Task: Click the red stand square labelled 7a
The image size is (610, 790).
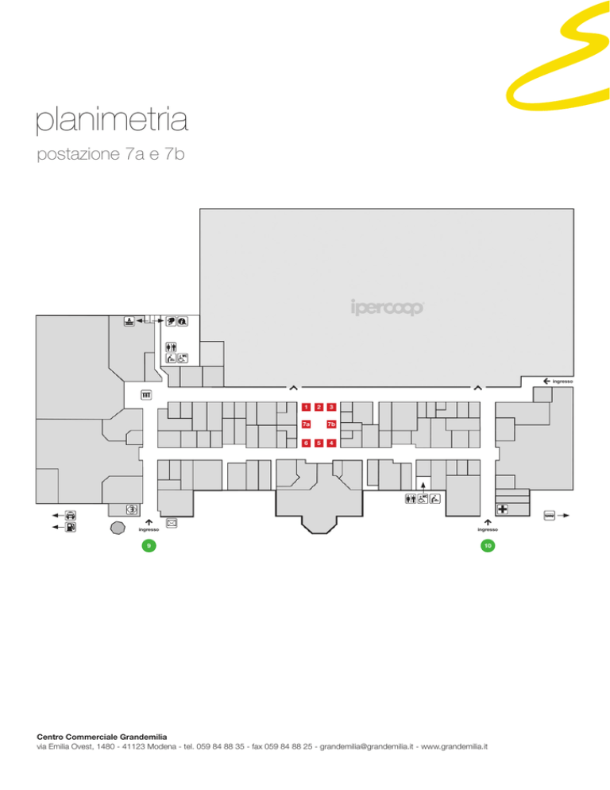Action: [x=307, y=424]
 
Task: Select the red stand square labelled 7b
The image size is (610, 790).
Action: [x=331, y=424]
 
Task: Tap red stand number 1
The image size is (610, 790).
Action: [x=307, y=407]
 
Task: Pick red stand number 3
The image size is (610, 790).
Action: [x=331, y=407]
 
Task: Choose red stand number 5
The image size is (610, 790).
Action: [x=319, y=443]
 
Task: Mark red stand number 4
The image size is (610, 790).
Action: [x=331, y=443]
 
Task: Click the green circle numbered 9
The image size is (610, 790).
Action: [x=149, y=546]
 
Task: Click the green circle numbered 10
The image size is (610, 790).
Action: [x=488, y=546]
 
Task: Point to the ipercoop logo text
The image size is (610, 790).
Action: [x=388, y=308]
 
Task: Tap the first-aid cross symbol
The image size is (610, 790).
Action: [x=503, y=509]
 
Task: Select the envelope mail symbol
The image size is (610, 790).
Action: [x=172, y=524]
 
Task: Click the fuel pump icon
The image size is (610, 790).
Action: [x=71, y=527]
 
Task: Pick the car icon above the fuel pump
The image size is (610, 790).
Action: [x=71, y=516]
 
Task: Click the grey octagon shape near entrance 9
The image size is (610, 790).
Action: [x=118, y=528]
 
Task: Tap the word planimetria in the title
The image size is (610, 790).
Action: [x=112, y=120]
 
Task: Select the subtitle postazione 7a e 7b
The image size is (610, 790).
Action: [x=111, y=153]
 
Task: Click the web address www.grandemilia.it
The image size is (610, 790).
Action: [x=454, y=746]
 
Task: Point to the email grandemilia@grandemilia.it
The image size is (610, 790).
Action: [x=367, y=746]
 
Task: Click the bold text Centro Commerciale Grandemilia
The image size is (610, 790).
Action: [x=102, y=737]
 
